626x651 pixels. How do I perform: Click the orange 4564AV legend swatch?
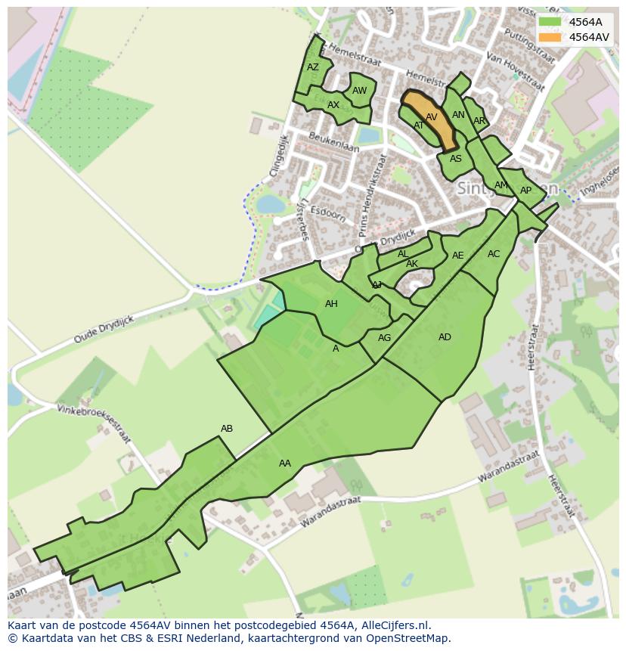click(550, 37)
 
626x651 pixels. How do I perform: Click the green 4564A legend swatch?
click(550, 22)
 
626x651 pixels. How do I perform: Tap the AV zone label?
click(432, 117)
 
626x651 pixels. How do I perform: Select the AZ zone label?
click(313, 67)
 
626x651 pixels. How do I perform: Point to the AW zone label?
click(359, 91)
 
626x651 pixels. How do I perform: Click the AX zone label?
click(333, 105)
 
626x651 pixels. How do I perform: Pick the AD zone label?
click(445, 337)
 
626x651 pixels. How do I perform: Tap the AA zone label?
click(285, 463)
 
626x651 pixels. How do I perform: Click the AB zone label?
click(227, 429)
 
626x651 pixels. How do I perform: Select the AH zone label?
click(331, 304)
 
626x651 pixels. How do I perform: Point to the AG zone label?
click(384, 338)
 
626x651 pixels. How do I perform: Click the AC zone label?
click(494, 254)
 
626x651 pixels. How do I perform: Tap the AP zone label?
click(525, 191)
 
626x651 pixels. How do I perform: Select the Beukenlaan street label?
click(333, 141)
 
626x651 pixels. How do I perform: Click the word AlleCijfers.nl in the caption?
click(395, 625)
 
